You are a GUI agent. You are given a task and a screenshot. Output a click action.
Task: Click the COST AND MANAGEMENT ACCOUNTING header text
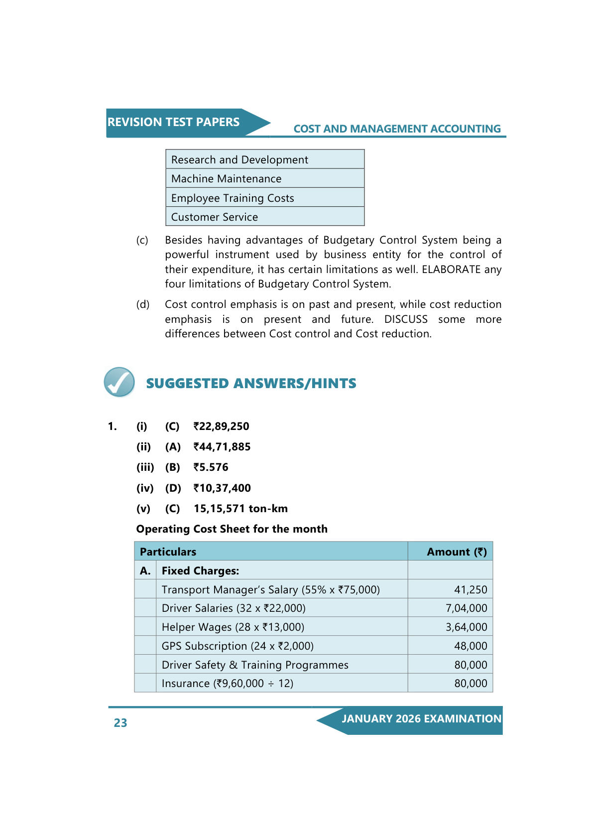point(397,129)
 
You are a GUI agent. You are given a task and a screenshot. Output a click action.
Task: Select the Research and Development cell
point(239,160)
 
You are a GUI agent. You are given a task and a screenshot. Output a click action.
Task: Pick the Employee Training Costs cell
point(233,198)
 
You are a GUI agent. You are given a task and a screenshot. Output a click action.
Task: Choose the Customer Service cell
point(215,217)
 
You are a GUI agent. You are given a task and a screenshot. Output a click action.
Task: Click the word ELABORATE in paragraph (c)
point(451,270)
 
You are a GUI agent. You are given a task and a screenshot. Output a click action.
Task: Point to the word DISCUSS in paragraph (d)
point(406,319)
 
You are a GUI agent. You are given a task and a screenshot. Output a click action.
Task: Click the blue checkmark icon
point(119,382)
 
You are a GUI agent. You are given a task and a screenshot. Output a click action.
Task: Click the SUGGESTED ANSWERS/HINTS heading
point(251,384)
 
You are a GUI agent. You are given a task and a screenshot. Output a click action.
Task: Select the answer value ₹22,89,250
point(222,426)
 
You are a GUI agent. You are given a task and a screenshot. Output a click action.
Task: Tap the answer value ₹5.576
point(211,467)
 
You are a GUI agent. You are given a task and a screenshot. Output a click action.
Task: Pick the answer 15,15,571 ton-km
point(240,509)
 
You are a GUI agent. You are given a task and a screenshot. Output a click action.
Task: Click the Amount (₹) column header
point(457,552)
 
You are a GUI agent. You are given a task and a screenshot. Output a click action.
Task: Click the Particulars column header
point(168,552)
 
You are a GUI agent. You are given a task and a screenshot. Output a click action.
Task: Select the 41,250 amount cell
point(471,590)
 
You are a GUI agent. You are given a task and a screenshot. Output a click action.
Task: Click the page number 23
point(120,723)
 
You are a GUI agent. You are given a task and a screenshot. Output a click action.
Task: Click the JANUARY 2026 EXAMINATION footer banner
point(421,719)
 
